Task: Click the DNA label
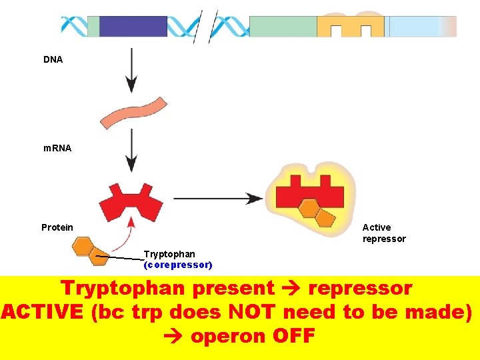53,60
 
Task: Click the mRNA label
57,148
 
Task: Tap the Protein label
57,227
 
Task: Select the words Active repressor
384,233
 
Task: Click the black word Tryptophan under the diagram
170,254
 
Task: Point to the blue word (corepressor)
178,265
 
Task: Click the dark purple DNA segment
133,26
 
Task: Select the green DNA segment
283,26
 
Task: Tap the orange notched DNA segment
351,25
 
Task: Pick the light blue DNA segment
417,26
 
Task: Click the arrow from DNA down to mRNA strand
131,70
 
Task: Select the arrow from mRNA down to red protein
131,150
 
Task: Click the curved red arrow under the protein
123,230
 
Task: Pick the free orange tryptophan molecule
90,249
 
